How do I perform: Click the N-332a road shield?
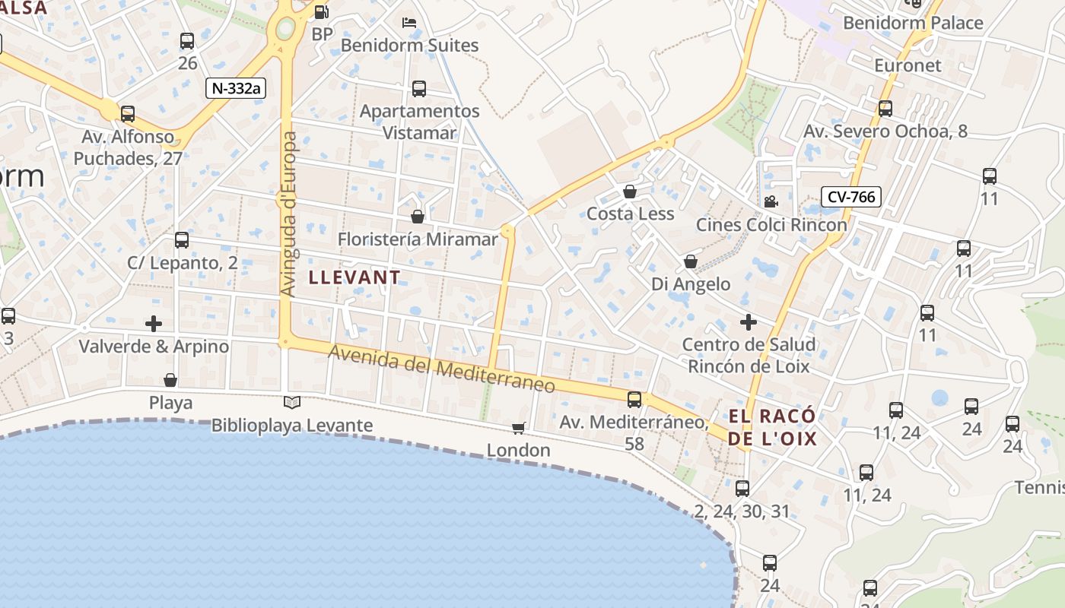click(235, 87)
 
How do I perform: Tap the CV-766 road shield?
click(851, 197)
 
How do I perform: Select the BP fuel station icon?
click(322, 12)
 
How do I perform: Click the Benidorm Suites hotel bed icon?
click(409, 23)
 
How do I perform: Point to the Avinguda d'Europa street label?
click(288, 214)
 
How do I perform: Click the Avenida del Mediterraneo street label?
click(441, 370)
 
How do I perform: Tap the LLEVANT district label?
click(354, 277)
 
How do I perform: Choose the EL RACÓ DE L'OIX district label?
click(772, 427)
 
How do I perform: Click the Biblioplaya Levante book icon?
click(292, 402)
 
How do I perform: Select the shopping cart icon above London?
click(519, 428)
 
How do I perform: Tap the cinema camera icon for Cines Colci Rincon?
click(771, 201)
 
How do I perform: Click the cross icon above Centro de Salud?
click(749, 322)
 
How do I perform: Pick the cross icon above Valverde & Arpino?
click(154, 324)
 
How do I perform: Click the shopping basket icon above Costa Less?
click(630, 192)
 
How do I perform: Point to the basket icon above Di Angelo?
click(691, 261)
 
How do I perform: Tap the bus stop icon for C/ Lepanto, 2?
click(182, 240)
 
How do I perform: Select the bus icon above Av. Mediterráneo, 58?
click(634, 399)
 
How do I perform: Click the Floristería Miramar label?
click(418, 239)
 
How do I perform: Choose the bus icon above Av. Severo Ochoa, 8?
click(885, 109)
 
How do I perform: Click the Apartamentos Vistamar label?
click(419, 122)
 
